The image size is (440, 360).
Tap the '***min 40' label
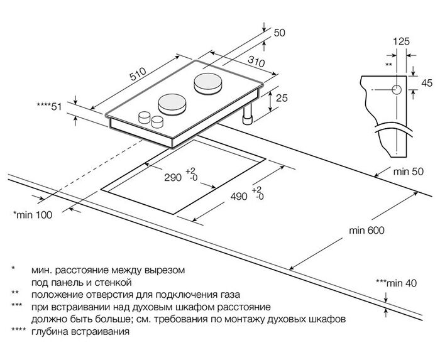pyautogui.click(x=396, y=283)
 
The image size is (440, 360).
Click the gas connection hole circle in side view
pyautogui.click(x=396, y=90)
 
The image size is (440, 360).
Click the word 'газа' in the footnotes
pyautogui.click(x=229, y=294)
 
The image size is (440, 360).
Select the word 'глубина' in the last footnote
pyautogui.click(x=52, y=331)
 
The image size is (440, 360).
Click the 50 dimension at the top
pyautogui.click(x=280, y=33)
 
